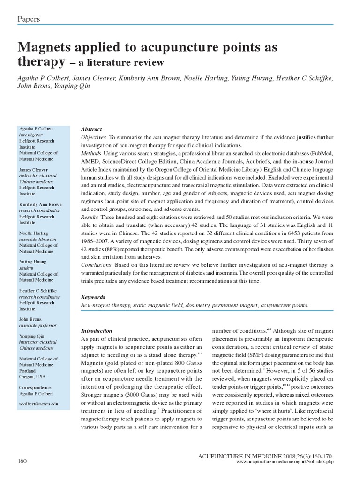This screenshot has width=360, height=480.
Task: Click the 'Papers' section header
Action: pyautogui.click(x=29, y=19)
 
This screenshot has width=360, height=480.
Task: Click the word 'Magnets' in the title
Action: pyautogui.click(x=46, y=47)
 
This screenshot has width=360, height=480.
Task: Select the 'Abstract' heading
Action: pyautogui.click(x=91, y=129)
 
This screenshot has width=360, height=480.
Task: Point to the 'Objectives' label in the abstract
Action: pyautogui.click(x=94, y=137)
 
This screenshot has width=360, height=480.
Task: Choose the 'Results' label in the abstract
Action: pyautogui.click(x=90, y=217)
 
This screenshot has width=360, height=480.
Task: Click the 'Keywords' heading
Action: pyautogui.click(x=93, y=297)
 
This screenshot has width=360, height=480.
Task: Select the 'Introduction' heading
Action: pyautogui.click(x=97, y=330)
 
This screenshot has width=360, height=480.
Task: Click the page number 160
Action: pyautogui.click(x=22, y=461)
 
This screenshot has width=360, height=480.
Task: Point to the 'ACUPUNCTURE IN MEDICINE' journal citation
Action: pyautogui.click(x=240, y=456)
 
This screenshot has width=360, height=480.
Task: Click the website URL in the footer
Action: pyautogui.click(x=285, y=462)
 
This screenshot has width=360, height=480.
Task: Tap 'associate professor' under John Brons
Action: pyautogui.click(x=37, y=325)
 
